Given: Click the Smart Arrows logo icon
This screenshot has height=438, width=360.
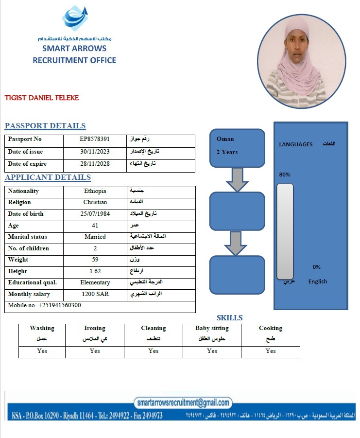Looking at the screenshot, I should coord(75,18).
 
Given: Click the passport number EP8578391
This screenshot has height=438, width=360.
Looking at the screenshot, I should coord(95,140).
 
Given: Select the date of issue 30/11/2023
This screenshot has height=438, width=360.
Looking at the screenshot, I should coord(95,152).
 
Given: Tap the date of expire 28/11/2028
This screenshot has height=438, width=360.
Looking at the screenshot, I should coord(95,164).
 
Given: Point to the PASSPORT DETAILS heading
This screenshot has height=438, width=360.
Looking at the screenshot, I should coord(45,126).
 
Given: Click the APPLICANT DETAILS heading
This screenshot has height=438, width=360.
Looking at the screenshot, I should coord(48,177).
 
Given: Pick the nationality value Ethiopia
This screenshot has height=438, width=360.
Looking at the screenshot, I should coord(95,191).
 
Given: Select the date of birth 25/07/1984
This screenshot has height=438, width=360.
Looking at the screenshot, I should coord(95,214).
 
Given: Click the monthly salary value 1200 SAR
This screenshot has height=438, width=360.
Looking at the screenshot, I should coord(95,294).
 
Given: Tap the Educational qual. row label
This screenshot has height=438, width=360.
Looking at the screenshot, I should coord(32,282).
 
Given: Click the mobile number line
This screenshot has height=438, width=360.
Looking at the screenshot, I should coord(45,305).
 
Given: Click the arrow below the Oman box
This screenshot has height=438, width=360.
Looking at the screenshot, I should coord(237,179).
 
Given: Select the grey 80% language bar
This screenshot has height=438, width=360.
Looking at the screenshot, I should coord(285,231).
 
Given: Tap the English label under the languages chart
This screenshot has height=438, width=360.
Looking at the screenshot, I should coord(318,281).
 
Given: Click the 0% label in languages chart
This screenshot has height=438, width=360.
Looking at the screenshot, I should coord(316,267).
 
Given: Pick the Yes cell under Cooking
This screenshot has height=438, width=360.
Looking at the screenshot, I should coord(271,351).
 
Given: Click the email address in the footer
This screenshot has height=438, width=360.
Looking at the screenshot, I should coord(183,403).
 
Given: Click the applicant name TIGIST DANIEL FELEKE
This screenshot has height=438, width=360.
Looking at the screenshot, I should coord(42,98).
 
